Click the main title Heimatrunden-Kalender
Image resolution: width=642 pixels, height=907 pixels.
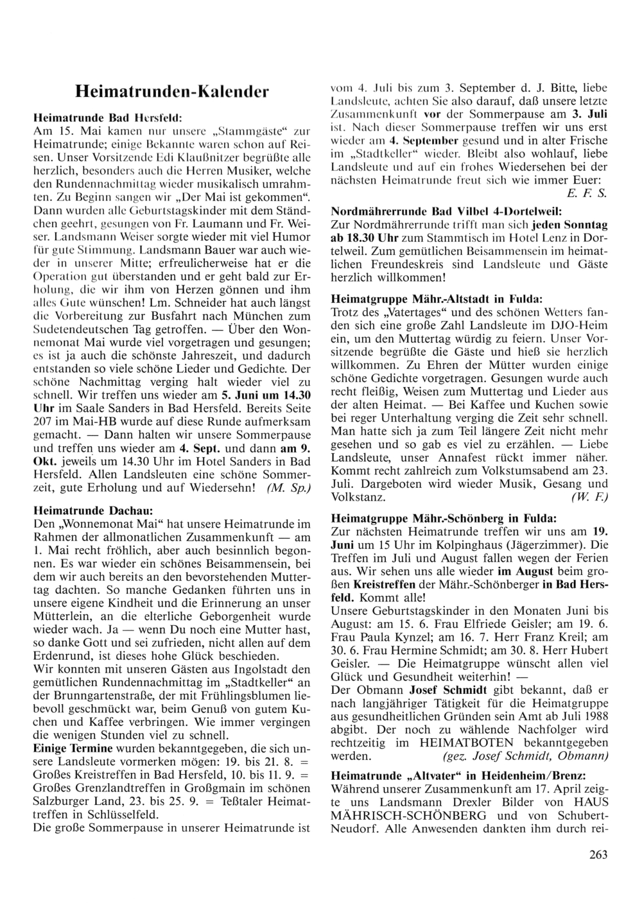171,91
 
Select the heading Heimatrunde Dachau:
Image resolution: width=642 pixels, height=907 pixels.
92,510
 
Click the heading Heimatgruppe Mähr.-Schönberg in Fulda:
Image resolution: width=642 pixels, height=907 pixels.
444,517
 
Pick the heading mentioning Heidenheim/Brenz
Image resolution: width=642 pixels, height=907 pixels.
458,776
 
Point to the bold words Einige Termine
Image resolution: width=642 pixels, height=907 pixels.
73,748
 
